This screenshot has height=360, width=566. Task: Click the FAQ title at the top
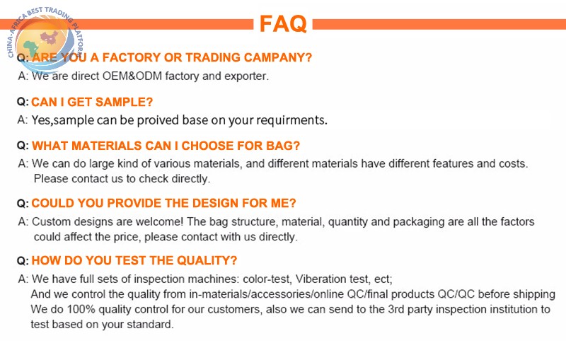(283, 24)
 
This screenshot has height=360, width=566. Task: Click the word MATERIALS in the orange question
(107, 146)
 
